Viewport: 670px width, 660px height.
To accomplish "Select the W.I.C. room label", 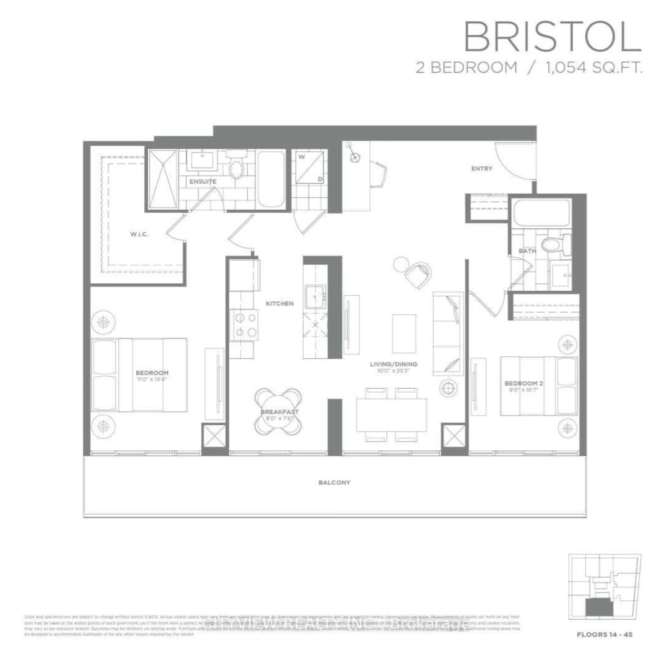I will [139, 234].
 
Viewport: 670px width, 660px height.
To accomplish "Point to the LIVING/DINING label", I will [393, 364].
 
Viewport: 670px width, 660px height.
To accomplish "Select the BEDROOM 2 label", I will [523, 383].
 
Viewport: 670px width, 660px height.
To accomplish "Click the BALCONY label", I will [334, 483].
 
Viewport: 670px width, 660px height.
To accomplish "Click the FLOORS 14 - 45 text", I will [604, 634].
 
